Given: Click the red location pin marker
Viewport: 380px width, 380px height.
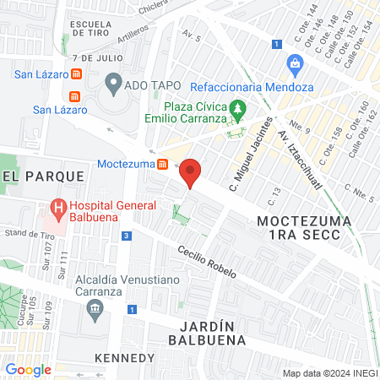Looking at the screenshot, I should (191, 172).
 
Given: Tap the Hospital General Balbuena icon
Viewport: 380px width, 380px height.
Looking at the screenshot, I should (57, 206).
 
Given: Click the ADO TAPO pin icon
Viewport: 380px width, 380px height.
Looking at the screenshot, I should (113, 84).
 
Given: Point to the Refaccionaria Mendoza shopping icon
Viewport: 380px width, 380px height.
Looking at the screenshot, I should (294, 63).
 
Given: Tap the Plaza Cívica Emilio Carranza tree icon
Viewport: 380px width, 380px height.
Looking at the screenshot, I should (238, 108).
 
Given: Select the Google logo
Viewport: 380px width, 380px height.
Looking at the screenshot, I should (28, 369).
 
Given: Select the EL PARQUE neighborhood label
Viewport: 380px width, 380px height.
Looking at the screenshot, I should (44, 176).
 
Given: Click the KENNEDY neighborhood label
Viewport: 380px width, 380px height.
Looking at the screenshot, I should (125, 358).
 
